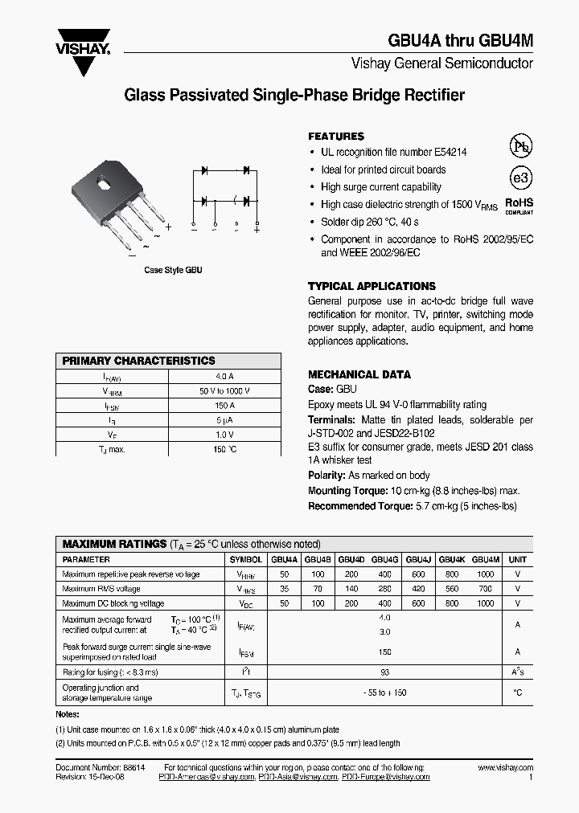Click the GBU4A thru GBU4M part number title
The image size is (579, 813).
coord(460,43)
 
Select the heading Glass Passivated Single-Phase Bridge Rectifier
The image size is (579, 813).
coord(294,96)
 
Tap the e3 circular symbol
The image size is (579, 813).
coord(521,178)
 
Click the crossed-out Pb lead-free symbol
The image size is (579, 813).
coord(521,146)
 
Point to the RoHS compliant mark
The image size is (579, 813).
coord(519,206)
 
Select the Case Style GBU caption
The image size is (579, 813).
coord(173,271)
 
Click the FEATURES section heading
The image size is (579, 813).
coord(336,137)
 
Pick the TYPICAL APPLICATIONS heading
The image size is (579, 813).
coord(372,286)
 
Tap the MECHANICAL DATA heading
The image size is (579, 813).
coord(359,374)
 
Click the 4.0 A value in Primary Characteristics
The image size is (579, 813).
coord(225,376)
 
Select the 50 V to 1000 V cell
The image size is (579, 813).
coord(225,390)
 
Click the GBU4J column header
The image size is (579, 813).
coord(418,559)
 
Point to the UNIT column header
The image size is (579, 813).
coord(518,559)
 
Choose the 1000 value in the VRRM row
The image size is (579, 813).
coord(485,574)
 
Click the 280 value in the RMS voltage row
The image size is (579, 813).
coord(384,589)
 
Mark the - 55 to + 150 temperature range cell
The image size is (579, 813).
coord(384,692)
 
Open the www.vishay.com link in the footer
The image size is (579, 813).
coord(505,768)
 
